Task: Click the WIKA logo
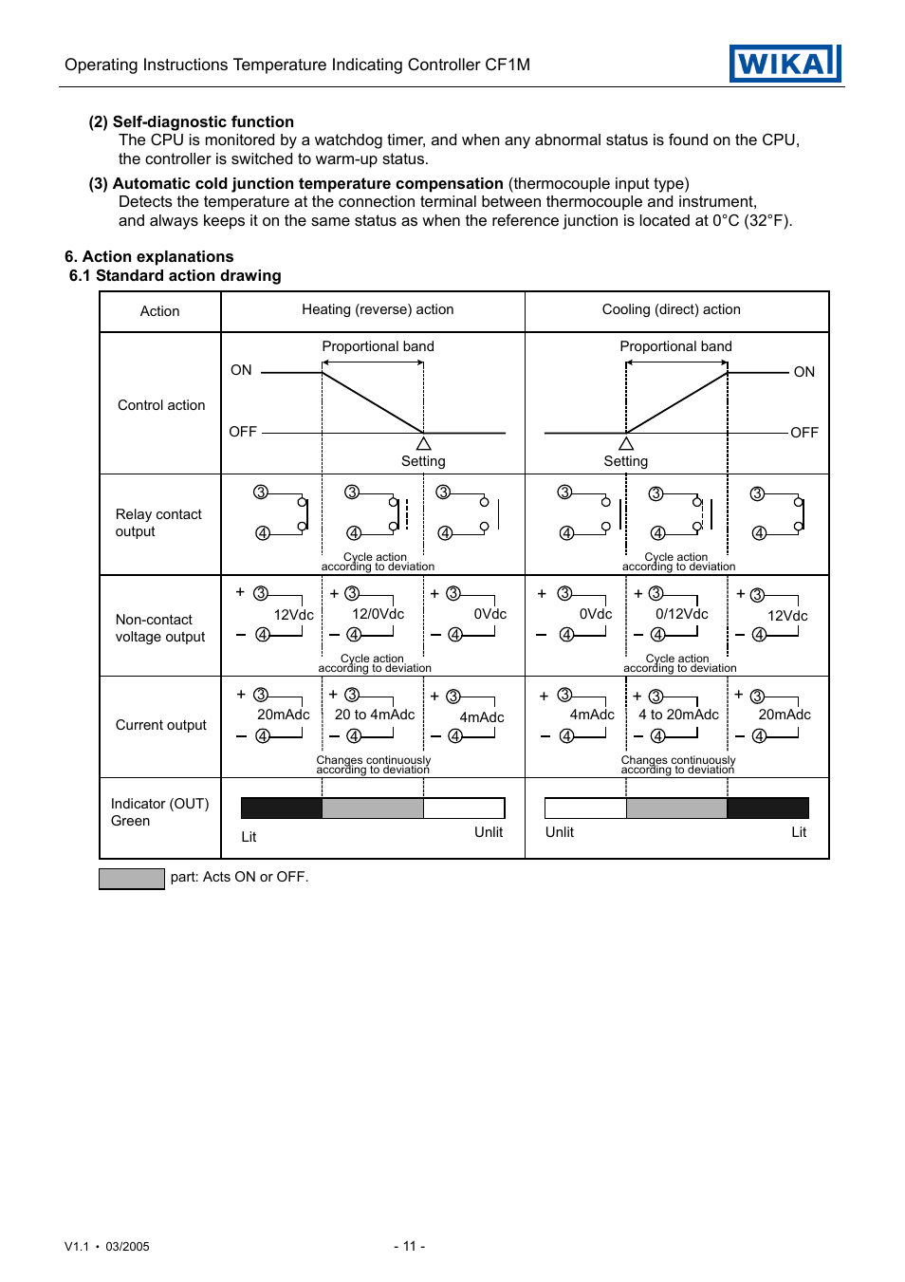[785, 64]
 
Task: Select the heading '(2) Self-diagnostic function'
[191, 121]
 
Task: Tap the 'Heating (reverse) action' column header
[378, 309]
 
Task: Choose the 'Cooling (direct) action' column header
[671, 309]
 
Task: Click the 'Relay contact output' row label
[158, 523]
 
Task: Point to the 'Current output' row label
[160, 725]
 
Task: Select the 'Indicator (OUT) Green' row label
[159, 812]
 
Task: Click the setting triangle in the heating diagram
[424, 444]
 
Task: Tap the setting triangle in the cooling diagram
[626, 444]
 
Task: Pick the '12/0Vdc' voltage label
[378, 614]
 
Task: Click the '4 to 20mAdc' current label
[678, 715]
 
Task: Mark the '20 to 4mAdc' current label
[375, 715]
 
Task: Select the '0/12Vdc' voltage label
[681, 614]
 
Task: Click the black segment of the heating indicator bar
[282, 808]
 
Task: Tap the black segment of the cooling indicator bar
[767, 808]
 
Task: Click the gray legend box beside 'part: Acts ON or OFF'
[132, 879]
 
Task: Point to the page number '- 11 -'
[409, 1246]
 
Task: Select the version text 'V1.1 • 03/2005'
[107, 1247]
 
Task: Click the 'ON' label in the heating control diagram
[241, 370]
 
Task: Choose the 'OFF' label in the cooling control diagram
[803, 433]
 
